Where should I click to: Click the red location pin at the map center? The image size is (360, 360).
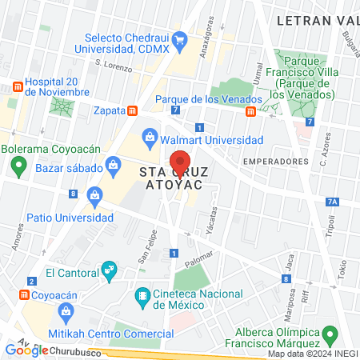pyautogui.click(x=180, y=163)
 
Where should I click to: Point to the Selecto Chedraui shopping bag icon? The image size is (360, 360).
pyautogui.click(x=180, y=38)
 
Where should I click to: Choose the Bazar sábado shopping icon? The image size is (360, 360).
pyautogui.click(x=114, y=167)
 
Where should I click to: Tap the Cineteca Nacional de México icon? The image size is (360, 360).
pyautogui.click(x=143, y=297)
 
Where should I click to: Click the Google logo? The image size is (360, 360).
pyautogui.click(x=25, y=350)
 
